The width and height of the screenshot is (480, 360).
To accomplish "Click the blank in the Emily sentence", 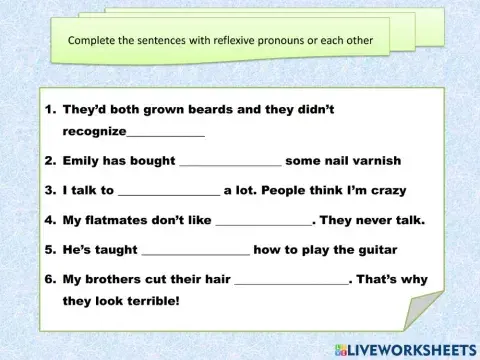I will pos(230,161).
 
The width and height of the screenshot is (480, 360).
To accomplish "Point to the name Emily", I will pos(83,161).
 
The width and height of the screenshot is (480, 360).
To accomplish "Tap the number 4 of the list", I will pos(48,220).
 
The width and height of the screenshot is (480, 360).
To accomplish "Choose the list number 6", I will pos(48,280).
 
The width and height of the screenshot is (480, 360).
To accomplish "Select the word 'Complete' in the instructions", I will pos(93,42).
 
